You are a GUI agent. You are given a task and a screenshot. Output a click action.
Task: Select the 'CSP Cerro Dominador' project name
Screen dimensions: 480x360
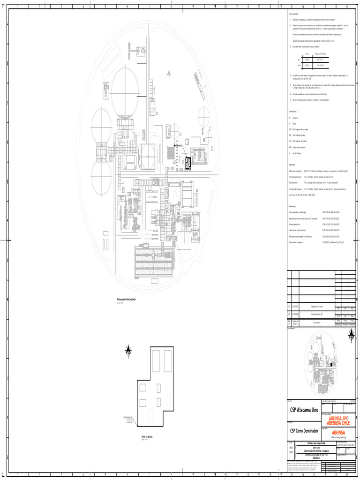tap(303, 431)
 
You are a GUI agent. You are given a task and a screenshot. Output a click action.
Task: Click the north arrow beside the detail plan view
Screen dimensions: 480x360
tap(128, 350)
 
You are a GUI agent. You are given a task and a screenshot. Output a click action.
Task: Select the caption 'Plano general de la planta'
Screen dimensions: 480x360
tap(126, 299)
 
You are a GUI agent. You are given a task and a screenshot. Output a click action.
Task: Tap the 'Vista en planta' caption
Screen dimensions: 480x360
tap(148, 436)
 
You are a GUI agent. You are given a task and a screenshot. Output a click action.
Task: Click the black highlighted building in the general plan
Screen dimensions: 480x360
tap(188, 163)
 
